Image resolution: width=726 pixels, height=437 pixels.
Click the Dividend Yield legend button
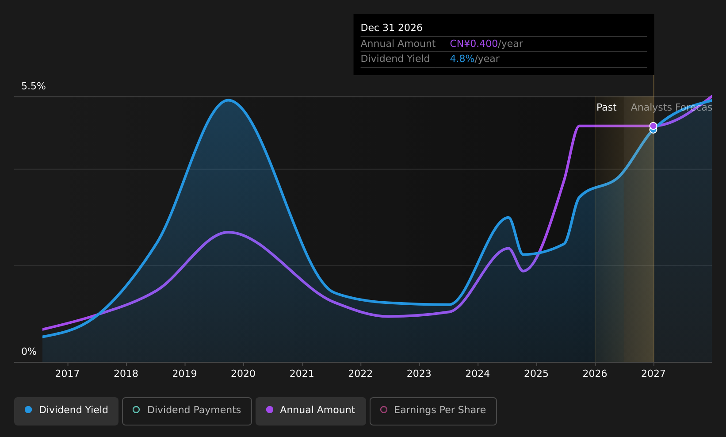click(66, 411)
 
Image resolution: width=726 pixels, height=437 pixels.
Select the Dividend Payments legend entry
click(187, 411)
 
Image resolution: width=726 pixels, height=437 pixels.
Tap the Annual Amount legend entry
click(310, 411)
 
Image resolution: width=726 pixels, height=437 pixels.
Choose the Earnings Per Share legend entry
click(433, 411)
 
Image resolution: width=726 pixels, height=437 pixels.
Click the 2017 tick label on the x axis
click(67, 374)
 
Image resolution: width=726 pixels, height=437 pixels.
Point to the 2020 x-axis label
click(243, 374)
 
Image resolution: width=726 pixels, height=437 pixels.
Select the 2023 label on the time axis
click(419, 374)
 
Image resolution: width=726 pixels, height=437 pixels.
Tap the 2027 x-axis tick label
click(653, 374)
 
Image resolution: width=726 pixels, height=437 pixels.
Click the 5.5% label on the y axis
click(34, 86)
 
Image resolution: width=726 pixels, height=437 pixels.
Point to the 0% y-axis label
click(29, 352)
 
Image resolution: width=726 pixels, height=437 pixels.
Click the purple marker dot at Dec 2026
click(653, 126)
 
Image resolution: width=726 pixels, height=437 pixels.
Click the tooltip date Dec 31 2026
click(392, 28)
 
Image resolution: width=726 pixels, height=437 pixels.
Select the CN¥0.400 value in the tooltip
click(474, 44)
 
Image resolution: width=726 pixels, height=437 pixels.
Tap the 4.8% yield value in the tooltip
click(462, 59)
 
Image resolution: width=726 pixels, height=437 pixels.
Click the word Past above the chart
click(607, 107)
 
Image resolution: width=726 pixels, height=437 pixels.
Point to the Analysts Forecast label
click(671, 107)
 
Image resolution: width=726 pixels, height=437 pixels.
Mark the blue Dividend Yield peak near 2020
click(229, 100)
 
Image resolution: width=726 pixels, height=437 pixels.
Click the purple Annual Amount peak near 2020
click(229, 232)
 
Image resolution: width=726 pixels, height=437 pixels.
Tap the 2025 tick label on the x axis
click(536, 374)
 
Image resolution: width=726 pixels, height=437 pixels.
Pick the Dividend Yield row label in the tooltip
click(395, 59)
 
